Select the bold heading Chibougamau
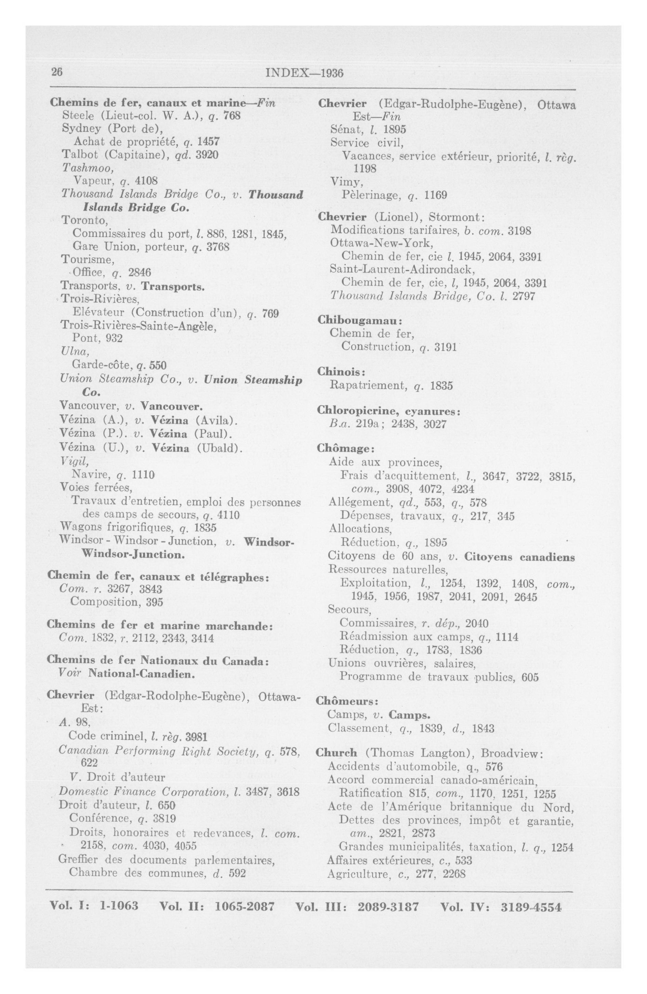point(359,320)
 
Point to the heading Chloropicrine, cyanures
point(389,411)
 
